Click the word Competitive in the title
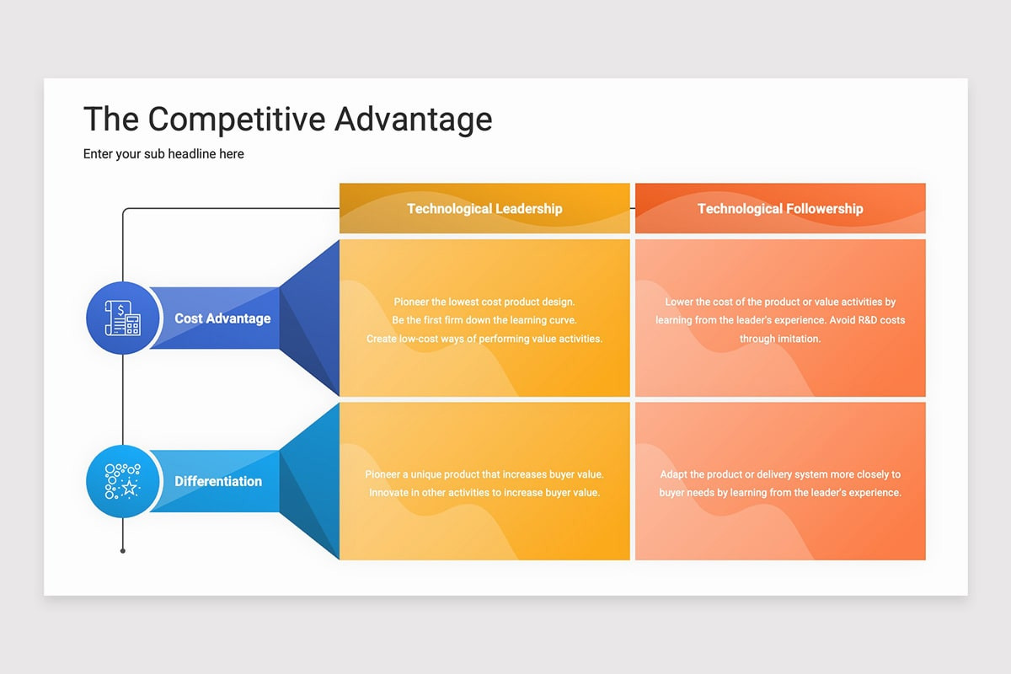tap(237, 120)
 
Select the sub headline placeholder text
tap(163, 154)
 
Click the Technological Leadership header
tap(484, 209)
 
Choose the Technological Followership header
tap(780, 209)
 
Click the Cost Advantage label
tap(222, 318)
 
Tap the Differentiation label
tap(218, 481)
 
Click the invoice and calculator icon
tap(123, 318)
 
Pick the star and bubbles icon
tap(123, 481)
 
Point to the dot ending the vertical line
tap(123, 551)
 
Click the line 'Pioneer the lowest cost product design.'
tap(484, 302)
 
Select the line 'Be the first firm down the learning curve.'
tap(484, 320)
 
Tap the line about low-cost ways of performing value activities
tap(484, 339)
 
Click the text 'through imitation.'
tap(780, 339)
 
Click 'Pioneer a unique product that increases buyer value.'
tap(484, 474)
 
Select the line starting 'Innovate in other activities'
tap(484, 493)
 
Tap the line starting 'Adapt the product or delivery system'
tap(780, 474)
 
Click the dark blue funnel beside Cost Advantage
tap(310, 318)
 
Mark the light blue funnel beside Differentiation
tap(310, 481)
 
